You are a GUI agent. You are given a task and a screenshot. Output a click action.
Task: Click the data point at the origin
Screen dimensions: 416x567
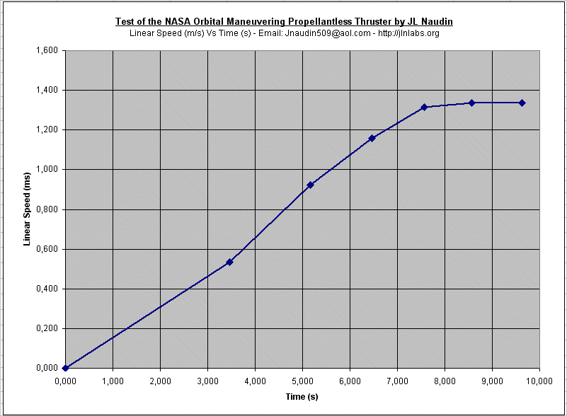(x=65, y=368)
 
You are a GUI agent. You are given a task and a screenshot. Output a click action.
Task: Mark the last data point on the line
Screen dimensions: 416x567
(x=522, y=103)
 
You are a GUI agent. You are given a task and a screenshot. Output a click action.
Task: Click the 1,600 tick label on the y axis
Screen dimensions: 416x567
(x=47, y=51)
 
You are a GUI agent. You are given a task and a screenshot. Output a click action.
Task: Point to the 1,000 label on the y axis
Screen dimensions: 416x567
(x=47, y=170)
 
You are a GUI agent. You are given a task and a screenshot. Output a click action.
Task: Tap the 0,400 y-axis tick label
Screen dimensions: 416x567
(x=47, y=289)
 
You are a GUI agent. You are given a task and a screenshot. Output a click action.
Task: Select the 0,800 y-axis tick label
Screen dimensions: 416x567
(x=47, y=209)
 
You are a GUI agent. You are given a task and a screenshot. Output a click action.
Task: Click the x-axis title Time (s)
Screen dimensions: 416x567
(x=302, y=397)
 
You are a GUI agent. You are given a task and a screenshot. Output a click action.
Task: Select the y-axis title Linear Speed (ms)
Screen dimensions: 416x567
(x=28, y=209)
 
